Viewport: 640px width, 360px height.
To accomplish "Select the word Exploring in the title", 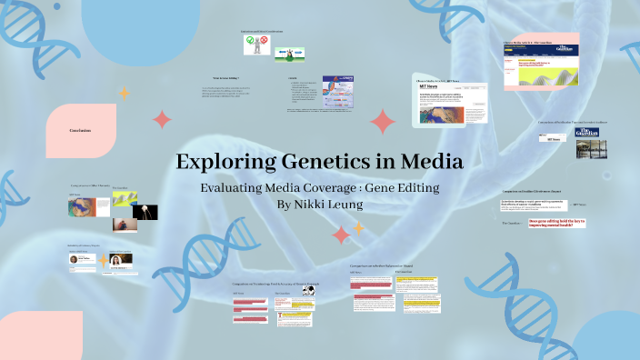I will [x=216, y=162].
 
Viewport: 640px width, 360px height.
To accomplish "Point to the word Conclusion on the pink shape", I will [x=80, y=130].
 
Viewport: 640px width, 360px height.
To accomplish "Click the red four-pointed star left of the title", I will [x=163, y=119].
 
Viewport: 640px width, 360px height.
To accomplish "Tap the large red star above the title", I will [x=383, y=122].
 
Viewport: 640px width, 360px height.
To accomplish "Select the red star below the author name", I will [x=341, y=235].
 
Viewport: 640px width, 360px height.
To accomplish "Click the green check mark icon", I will [x=250, y=40].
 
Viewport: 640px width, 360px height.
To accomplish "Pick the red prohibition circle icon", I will [x=265, y=40].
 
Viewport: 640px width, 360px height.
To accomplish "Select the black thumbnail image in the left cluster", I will [x=146, y=212].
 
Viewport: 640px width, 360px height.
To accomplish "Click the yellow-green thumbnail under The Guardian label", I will [x=125, y=197].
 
